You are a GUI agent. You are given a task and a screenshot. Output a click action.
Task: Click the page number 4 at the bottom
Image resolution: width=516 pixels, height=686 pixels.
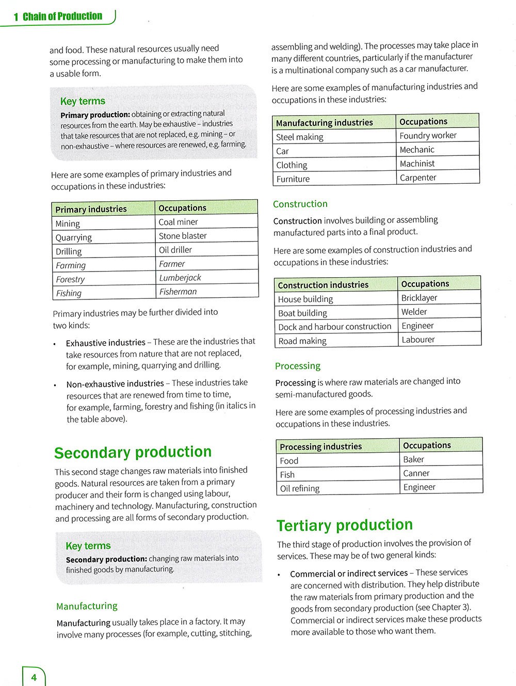(34, 677)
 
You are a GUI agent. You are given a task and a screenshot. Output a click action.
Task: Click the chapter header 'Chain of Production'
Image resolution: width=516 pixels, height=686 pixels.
(62, 17)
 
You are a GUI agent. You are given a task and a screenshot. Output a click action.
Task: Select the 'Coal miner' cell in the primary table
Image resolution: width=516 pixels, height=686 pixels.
(178, 222)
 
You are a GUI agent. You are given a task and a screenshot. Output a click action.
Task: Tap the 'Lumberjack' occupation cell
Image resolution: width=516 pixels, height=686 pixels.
(180, 278)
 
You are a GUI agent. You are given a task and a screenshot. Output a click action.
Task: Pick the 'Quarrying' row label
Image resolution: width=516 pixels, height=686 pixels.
(74, 237)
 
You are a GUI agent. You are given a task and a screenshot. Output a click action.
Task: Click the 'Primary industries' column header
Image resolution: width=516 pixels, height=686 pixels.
(91, 209)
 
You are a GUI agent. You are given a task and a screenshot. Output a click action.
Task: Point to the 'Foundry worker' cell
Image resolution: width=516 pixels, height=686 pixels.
(428, 136)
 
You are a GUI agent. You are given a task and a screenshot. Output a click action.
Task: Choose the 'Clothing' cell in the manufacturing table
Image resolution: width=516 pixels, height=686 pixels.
(292, 165)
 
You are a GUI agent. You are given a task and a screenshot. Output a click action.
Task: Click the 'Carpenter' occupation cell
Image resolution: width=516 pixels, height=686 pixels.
(418, 178)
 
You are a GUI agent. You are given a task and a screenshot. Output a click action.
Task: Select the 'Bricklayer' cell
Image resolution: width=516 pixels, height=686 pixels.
(419, 298)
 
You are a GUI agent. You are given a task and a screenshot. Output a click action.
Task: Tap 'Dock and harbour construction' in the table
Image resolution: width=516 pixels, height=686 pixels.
(335, 327)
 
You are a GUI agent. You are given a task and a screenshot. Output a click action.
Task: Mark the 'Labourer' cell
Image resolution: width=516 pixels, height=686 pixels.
(418, 340)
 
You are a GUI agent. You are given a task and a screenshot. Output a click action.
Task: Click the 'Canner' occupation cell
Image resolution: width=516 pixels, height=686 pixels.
(416, 473)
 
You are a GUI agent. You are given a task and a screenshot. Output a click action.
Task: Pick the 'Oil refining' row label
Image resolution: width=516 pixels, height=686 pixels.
(300, 488)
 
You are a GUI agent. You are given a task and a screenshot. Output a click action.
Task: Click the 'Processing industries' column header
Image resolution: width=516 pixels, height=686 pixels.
(320, 446)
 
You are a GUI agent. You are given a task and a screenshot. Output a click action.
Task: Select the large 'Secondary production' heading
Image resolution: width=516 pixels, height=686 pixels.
(133, 452)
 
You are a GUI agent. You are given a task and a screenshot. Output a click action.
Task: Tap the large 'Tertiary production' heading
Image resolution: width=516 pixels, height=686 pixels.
(345, 525)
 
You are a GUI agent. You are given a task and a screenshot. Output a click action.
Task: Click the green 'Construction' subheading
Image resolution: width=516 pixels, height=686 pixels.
(300, 204)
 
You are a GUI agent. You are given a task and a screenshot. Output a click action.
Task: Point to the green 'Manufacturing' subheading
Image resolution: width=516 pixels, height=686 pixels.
(87, 606)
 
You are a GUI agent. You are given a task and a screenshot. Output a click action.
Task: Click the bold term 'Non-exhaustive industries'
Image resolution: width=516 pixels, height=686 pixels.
(115, 384)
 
